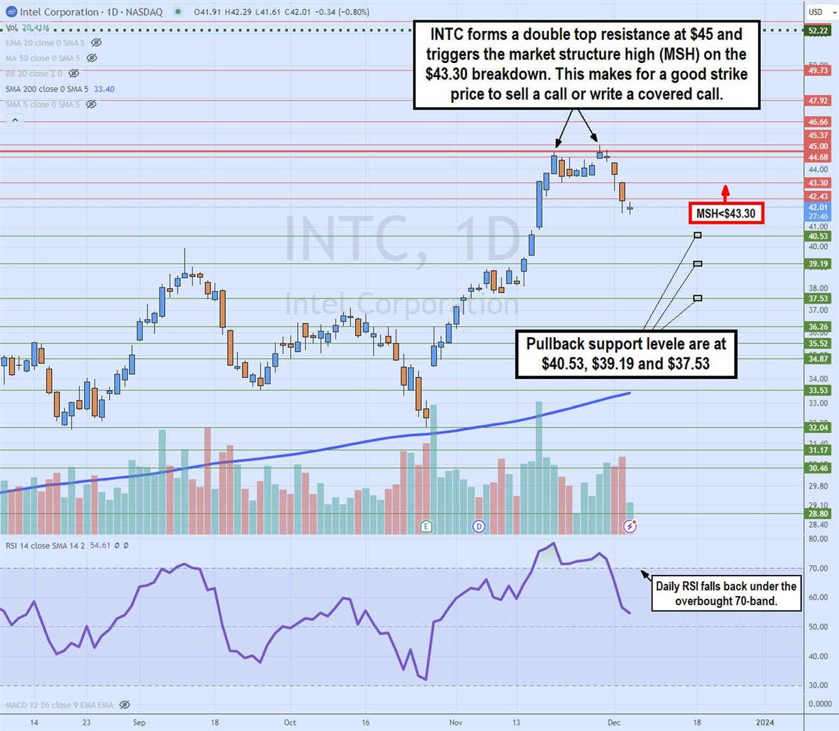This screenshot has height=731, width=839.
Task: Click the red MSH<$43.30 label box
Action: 726,213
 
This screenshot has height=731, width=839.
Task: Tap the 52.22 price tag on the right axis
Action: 818,31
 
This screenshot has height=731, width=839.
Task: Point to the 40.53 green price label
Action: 818,236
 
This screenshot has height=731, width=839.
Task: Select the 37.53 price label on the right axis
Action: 818,299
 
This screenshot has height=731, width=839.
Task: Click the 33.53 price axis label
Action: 818,390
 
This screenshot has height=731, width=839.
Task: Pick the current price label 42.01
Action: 818,207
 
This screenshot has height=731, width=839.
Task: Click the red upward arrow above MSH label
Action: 726,191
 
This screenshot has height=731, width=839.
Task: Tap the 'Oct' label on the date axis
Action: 290,723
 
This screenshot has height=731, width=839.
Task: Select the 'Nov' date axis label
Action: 456,723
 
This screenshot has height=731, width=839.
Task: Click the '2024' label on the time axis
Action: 765,723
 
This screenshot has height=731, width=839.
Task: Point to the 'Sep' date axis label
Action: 139,723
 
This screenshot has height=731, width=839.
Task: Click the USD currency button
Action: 816,12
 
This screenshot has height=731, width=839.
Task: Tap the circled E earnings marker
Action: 426,526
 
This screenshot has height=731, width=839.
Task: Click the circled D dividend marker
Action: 479,526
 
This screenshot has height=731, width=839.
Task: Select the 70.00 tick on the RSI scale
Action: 818,569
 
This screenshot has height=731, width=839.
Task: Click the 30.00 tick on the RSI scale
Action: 818,686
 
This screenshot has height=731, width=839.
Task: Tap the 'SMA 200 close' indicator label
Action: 46,89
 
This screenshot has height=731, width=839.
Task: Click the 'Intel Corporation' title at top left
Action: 59,12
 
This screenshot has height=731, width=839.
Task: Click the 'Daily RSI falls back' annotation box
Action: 726,594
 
